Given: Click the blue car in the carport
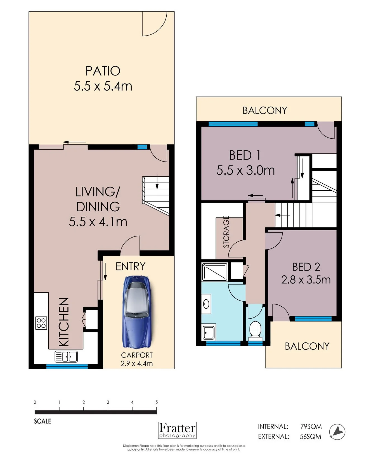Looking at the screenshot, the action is tap(137, 312).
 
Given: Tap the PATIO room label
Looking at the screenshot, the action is tap(103, 71).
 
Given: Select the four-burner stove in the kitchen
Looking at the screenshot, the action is tap(41, 323).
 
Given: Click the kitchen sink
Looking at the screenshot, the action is tap(66, 357).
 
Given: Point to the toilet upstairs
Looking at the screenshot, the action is tap(255, 330).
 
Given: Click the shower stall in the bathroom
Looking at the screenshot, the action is tap(215, 272).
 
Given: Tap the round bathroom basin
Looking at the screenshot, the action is tap(206, 304).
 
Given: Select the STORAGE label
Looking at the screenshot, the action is tap(226, 232).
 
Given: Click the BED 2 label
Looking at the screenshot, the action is tap(306, 267).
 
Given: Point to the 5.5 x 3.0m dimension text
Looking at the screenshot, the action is tap(246, 170).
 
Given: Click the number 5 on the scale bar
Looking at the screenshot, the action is tap(157, 402).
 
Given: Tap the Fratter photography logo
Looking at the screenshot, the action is tap(177, 430).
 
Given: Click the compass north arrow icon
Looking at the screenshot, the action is tap(337, 432).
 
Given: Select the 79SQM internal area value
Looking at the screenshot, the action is tap(311, 427).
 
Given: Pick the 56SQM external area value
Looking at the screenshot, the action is tap(310, 437).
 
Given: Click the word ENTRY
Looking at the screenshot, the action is tap(131, 266).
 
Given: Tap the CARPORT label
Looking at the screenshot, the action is tap(137, 355).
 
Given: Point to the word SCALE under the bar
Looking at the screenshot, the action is tap(42, 421).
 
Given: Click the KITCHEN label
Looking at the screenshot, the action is tap(64, 322).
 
